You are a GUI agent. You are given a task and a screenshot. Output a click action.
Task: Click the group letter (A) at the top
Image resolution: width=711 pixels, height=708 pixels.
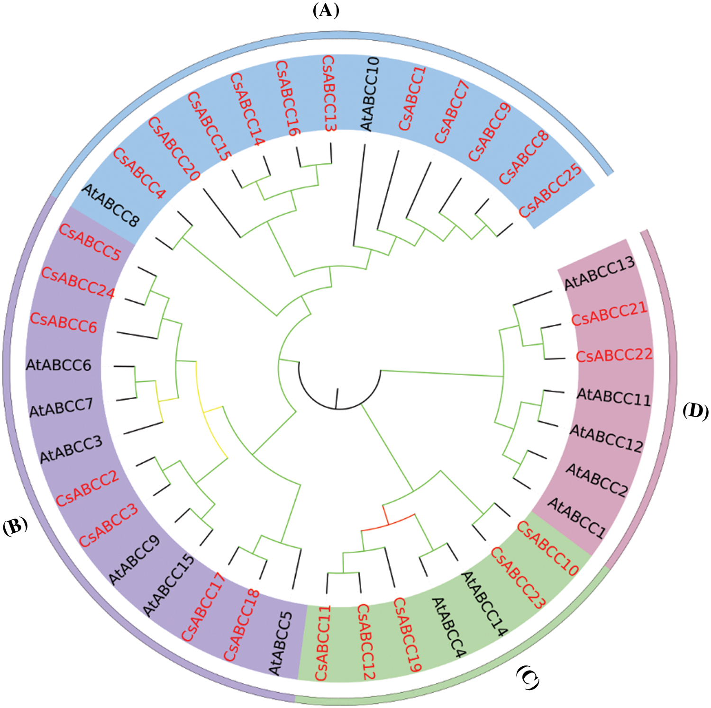pos(326,10)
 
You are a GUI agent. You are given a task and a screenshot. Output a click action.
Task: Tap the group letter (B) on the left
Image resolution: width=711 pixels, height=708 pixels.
pos(15,526)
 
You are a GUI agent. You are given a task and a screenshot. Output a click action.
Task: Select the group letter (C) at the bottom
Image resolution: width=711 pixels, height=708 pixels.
pos(528,677)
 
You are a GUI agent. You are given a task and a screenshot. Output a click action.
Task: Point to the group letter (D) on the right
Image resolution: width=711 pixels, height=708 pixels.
pos(695,411)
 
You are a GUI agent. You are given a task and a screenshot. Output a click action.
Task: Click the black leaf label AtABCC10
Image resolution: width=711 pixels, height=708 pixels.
pos(369,94)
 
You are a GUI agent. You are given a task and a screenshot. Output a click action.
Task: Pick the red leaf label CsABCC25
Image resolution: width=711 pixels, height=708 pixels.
pos(550,190)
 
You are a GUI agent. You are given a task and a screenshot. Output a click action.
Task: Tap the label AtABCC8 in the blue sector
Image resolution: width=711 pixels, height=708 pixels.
pos(111,206)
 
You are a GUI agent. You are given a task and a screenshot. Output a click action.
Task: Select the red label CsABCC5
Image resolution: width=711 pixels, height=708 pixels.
pos(90,242)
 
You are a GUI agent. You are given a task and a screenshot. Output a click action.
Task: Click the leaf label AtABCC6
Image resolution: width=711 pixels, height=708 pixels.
pos(58,365)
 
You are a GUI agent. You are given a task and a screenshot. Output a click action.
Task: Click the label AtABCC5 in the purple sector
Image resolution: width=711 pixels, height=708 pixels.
pos(281,643)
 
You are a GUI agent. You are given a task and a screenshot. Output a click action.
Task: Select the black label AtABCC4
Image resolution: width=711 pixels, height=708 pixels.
pos(448,627)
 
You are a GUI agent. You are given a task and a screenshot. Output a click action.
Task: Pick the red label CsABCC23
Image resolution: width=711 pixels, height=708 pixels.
pos(518,578)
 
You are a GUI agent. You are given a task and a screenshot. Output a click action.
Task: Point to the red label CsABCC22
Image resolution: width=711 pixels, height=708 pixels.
pos(614,355)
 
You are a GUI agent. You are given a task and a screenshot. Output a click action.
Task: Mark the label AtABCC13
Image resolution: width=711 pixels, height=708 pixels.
pos(599,273)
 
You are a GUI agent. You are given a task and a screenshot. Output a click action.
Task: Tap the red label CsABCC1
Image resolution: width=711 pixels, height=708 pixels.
pos(412,99)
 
